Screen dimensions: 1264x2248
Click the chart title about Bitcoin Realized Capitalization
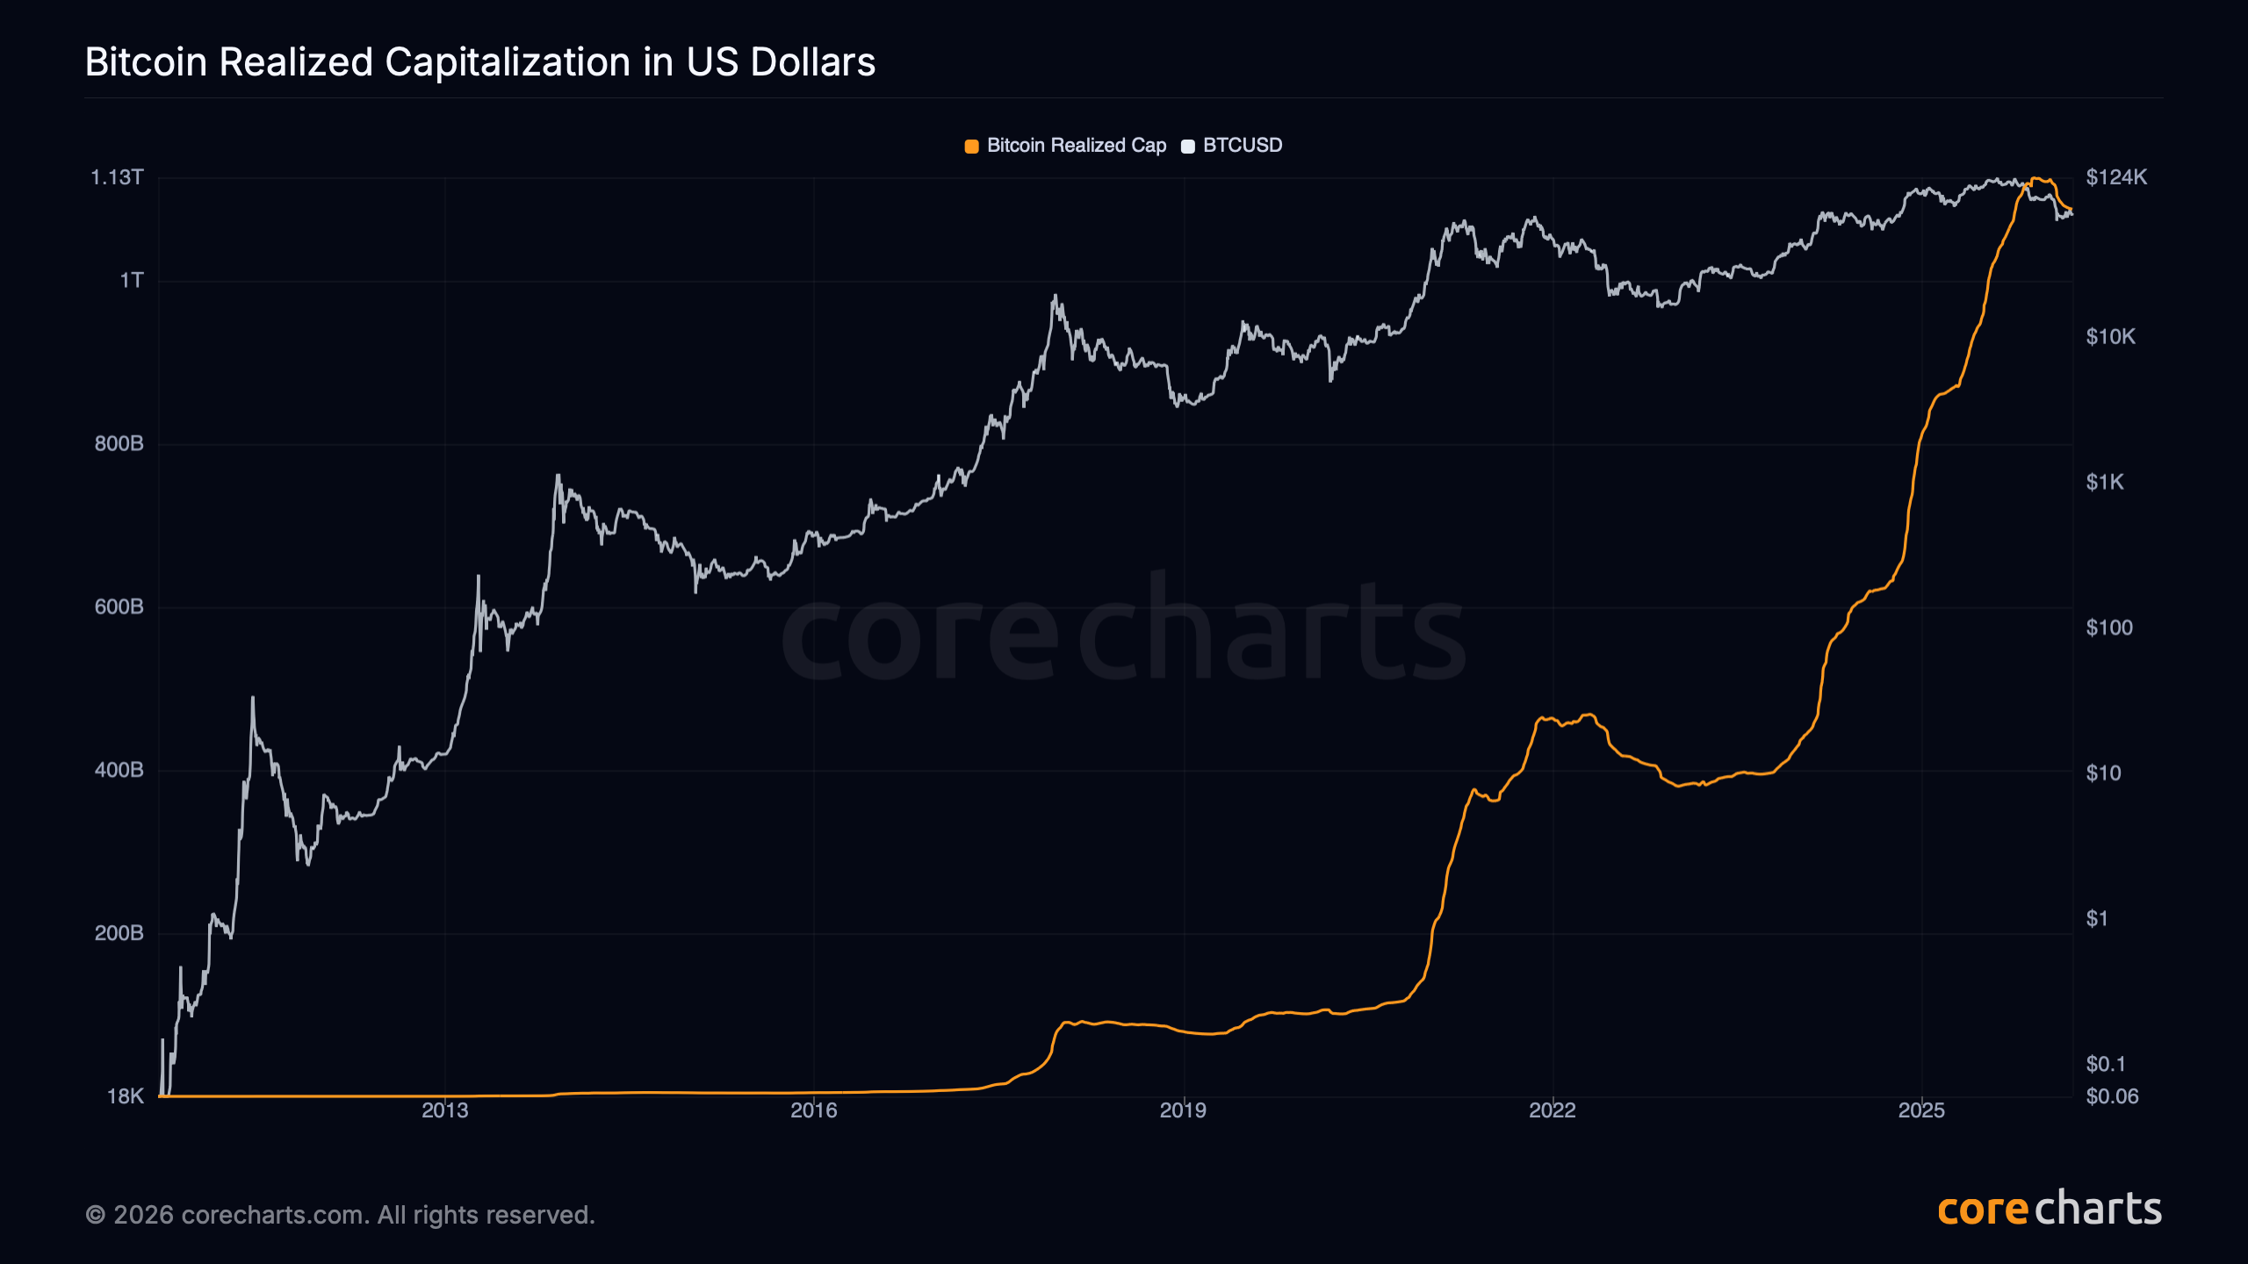(x=480, y=62)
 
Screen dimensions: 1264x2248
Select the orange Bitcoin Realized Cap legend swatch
(x=971, y=147)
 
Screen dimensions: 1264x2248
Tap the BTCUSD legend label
(x=1242, y=146)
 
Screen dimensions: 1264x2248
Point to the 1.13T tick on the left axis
(x=117, y=178)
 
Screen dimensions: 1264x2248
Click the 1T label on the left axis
(x=132, y=281)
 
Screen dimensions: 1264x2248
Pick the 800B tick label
(x=119, y=444)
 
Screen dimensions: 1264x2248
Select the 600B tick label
(x=119, y=607)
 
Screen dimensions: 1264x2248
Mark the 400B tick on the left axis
(x=119, y=771)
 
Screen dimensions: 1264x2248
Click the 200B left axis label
(x=119, y=934)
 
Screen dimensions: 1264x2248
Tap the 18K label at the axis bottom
(x=125, y=1096)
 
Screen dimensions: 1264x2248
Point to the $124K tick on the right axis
(x=2116, y=178)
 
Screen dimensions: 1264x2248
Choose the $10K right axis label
(x=2110, y=337)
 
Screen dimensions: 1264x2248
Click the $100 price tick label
(x=2108, y=628)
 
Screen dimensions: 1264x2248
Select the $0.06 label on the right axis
(x=2112, y=1096)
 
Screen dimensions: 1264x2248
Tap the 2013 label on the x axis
(x=444, y=1110)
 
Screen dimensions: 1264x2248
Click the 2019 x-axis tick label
(x=1183, y=1110)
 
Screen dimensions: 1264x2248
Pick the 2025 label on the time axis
(x=1921, y=1110)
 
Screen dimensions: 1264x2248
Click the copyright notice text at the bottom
(x=340, y=1215)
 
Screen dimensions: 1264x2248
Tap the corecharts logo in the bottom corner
(x=2049, y=1210)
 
